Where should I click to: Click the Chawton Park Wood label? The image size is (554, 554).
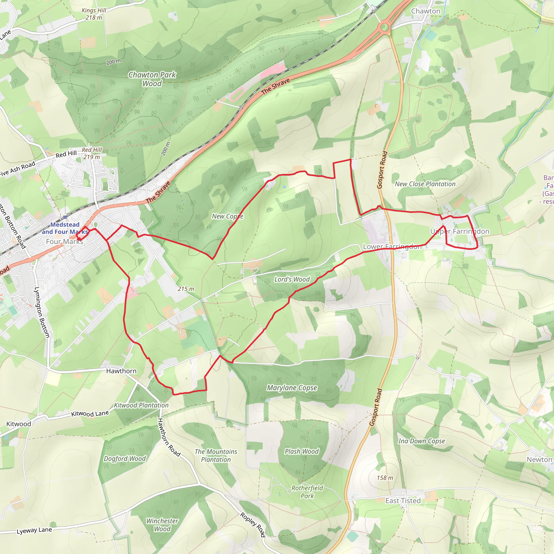[x=152, y=79]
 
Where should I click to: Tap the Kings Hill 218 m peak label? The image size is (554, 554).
[x=94, y=14]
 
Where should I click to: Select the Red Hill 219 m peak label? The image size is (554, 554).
[x=92, y=153]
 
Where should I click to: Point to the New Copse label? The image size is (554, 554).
[x=227, y=216]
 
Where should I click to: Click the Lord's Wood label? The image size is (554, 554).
[x=292, y=279]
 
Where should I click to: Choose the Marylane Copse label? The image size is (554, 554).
[x=292, y=388]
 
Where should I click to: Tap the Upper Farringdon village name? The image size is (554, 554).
[x=460, y=231]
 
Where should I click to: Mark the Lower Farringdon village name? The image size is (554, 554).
[x=392, y=247]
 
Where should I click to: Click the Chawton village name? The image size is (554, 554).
[x=426, y=11]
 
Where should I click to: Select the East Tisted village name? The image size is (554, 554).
[x=403, y=501]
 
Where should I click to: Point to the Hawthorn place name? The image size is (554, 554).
[x=121, y=371]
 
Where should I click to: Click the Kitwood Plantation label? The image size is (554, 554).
[x=141, y=405]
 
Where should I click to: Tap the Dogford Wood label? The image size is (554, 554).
[x=125, y=459]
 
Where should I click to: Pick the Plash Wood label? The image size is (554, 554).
[x=302, y=451]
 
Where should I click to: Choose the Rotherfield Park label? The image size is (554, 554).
[x=307, y=492]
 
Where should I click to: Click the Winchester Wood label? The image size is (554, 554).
[x=162, y=525]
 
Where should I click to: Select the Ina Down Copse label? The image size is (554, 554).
[x=421, y=441]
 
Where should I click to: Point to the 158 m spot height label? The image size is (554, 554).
[x=385, y=478]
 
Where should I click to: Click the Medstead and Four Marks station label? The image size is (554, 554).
[x=65, y=228]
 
